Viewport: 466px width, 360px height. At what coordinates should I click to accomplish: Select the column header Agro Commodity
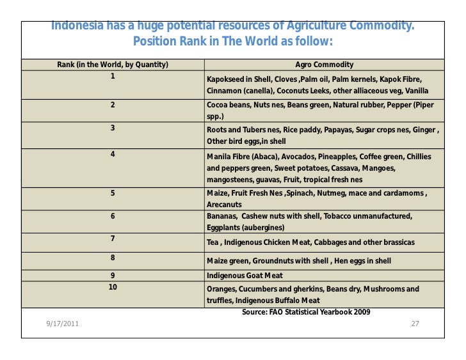point(324,65)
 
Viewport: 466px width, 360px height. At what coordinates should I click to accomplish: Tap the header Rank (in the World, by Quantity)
point(113,65)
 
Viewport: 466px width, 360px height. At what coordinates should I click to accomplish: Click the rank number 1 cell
point(112,75)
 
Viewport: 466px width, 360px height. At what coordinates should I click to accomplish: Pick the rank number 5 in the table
point(112,192)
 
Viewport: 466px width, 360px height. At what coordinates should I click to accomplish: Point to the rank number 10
point(112,287)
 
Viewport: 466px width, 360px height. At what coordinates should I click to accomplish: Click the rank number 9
point(112,276)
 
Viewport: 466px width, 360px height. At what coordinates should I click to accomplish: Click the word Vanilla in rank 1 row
point(417,91)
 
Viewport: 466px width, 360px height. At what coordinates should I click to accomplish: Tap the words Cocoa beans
point(227,104)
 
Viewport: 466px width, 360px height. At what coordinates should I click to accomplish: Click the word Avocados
point(287,157)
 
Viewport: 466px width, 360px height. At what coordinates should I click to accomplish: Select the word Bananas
point(222,217)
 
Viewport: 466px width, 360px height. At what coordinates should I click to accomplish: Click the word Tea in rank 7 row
point(213,243)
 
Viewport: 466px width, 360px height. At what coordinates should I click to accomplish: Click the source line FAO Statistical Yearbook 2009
point(306,311)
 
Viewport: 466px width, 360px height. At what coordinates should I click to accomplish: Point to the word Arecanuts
point(224,205)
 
